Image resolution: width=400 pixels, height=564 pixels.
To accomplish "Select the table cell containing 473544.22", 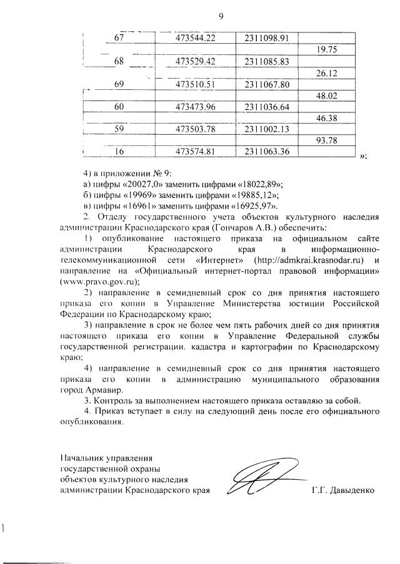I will (x=195, y=39).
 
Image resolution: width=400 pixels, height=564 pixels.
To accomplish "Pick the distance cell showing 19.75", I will (x=327, y=51).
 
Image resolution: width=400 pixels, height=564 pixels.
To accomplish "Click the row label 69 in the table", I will (x=119, y=84).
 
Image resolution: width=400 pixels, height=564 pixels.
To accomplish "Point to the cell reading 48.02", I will (x=327, y=95).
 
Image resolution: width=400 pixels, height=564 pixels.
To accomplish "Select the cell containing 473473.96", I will (x=195, y=107).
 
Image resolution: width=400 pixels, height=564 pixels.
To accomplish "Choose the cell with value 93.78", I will (x=327, y=140).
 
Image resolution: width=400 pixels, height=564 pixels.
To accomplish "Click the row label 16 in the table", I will (x=119, y=152).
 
